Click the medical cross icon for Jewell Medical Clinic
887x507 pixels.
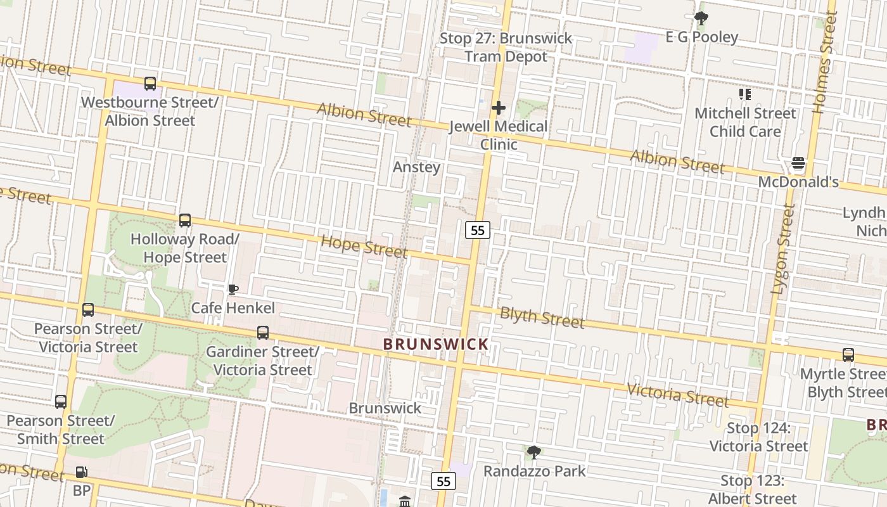499,108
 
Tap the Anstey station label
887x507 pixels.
416,167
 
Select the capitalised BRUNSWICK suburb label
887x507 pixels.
436,344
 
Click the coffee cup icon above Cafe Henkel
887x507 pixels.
233,290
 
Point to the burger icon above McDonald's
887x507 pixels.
798,164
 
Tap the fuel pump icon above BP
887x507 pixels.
82,472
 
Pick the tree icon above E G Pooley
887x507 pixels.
701,18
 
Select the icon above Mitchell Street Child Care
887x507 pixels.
745,95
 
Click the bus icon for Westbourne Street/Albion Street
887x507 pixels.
150,84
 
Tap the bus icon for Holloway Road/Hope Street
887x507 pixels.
185,221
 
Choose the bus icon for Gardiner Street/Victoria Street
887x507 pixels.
263,333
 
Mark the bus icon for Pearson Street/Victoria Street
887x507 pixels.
88,310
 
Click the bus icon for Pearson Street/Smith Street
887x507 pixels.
61,402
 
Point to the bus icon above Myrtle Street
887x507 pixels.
848,355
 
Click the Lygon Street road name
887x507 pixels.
782,249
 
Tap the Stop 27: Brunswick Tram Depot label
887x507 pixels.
506,48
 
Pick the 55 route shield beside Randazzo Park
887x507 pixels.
443,482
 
